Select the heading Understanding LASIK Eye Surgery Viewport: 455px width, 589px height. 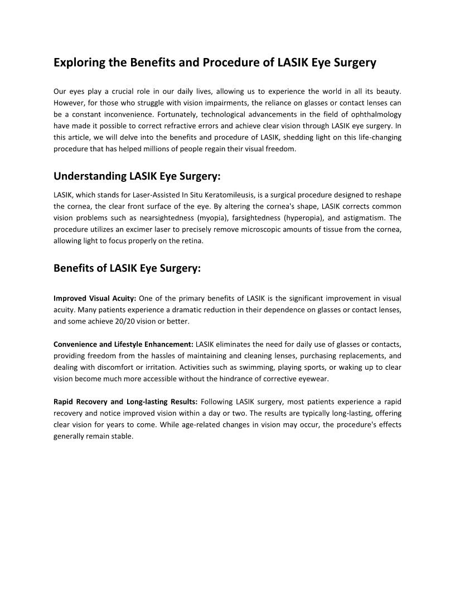pyautogui.click(x=137, y=177)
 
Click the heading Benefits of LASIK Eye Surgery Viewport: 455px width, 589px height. pyautogui.click(x=127, y=268)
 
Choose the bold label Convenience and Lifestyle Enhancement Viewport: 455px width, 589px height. pyautogui.click(x=123, y=344)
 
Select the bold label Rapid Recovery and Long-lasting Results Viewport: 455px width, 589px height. pyautogui.click(x=125, y=402)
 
